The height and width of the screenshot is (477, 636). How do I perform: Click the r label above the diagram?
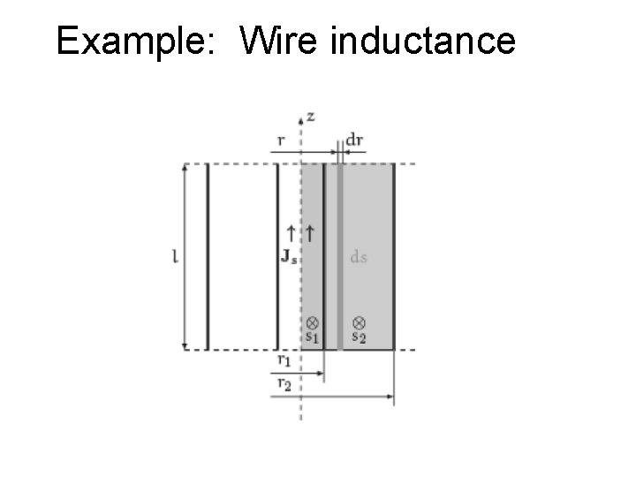(x=279, y=140)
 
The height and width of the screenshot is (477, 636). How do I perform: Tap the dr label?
(x=355, y=140)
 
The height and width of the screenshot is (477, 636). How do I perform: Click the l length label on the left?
(x=176, y=257)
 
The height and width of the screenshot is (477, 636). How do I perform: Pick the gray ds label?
(x=359, y=257)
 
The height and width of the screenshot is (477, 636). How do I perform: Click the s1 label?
(x=313, y=337)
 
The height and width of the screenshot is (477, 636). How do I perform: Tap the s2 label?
(x=360, y=337)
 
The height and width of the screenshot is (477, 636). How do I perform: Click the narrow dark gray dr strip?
(x=339, y=256)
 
